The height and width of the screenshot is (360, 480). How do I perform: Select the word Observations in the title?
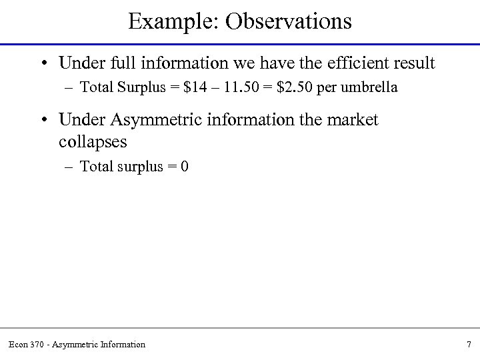pyautogui.click(x=289, y=21)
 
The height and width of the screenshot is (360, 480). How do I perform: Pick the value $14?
pyautogui.click(x=183, y=87)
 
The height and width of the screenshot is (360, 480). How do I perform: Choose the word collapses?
pyautogui.click(x=93, y=142)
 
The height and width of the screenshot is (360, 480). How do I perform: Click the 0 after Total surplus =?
pyautogui.click(x=185, y=166)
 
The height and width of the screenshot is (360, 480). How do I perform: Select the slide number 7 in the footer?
pyautogui.click(x=469, y=344)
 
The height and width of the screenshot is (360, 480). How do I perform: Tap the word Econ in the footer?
pyautogui.click(x=18, y=344)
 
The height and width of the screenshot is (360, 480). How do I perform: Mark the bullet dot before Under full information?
pyautogui.click(x=43, y=64)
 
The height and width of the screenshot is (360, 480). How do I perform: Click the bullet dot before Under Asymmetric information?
pyautogui.click(x=43, y=121)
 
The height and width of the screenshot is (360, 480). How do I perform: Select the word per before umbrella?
pyautogui.click(x=326, y=87)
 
